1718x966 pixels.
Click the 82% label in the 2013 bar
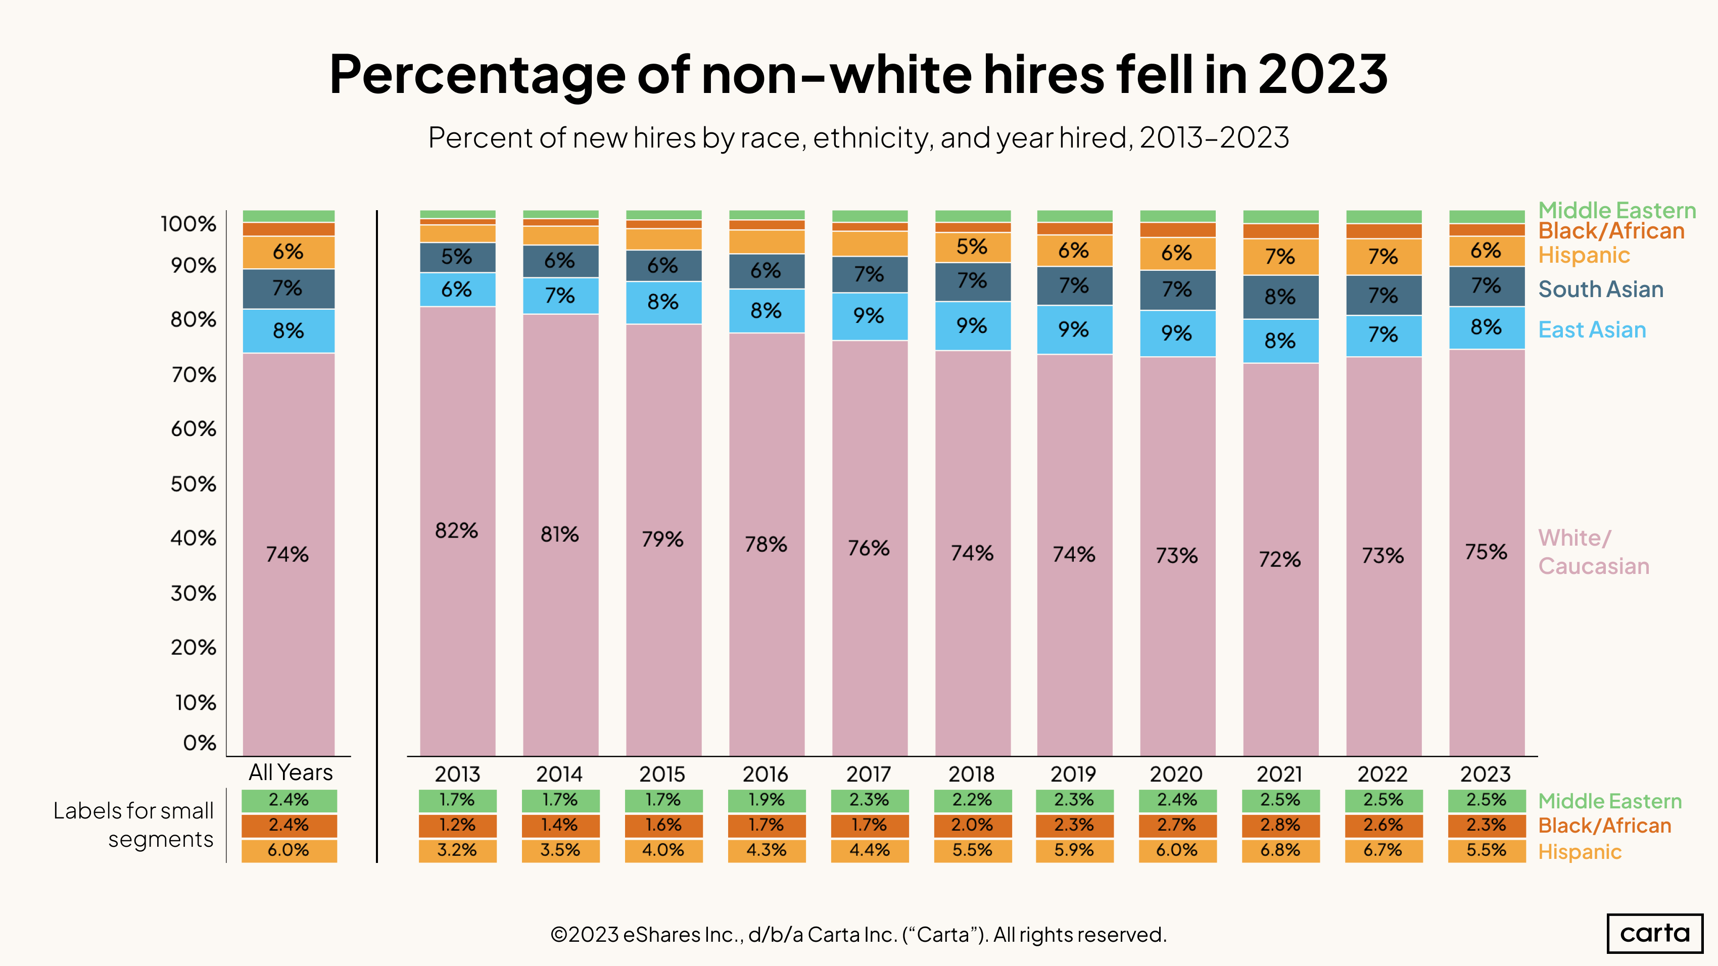pos(457,530)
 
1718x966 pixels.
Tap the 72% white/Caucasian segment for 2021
pos(1280,559)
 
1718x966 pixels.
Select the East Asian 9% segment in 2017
pos(869,315)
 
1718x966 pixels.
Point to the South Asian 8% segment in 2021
pos(1280,297)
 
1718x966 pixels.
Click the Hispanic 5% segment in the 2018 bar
pos(972,247)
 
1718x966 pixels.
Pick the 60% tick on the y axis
pos(194,428)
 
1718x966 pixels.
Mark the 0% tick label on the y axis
pos(200,743)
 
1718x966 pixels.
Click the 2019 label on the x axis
pos(1073,774)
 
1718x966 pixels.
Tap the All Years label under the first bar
pos(290,772)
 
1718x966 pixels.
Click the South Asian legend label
pos(1601,289)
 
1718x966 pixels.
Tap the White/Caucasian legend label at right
pos(1593,552)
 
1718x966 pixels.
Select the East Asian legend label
pos(1592,330)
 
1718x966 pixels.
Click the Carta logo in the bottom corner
pos(1655,933)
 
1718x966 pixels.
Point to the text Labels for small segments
pos(133,825)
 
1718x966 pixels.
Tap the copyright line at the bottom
pos(858,935)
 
